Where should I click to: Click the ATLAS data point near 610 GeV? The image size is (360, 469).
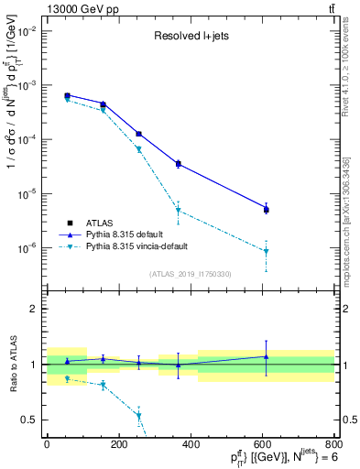(x=267, y=210)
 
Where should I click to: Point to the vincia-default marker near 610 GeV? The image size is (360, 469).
(x=267, y=251)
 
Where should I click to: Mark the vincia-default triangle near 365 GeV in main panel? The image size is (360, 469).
(x=178, y=211)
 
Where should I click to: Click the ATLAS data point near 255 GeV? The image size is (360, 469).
(x=138, y=134)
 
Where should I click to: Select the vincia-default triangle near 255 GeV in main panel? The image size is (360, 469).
(x=138, y=149)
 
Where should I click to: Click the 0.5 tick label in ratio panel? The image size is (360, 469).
(x=29, y=420)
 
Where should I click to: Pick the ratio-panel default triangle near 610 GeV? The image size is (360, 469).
(x=267, y=356)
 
